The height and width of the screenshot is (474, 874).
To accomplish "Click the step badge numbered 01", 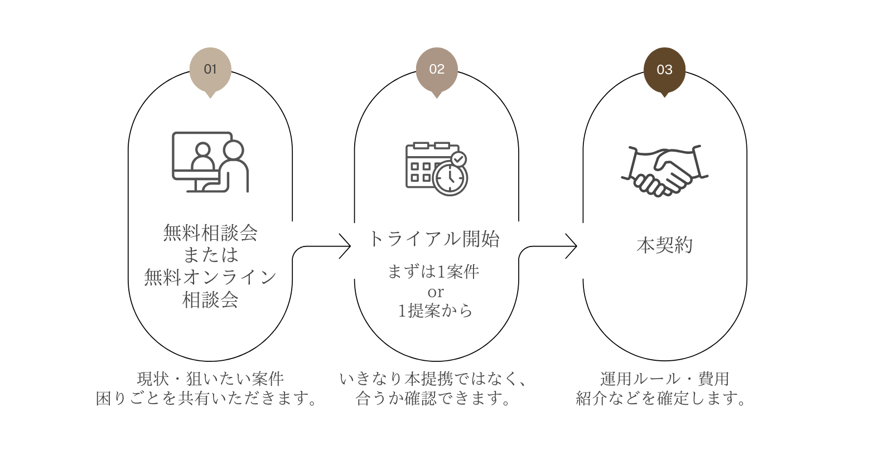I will [210, 69].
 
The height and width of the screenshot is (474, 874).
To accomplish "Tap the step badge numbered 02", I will [437, 69].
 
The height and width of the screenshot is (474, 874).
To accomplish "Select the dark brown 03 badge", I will [664, 70].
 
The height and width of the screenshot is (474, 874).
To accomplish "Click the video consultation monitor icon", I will [210, 162].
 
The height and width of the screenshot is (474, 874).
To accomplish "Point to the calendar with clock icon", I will [436, 168].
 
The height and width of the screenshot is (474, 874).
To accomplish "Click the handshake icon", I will [664, 171].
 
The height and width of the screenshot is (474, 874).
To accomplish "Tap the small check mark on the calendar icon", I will [458, 159].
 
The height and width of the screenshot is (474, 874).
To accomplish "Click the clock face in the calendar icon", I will [450, 178].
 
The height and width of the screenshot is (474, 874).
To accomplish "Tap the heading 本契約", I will [664, 245].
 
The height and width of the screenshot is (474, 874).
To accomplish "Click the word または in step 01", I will [211, 255].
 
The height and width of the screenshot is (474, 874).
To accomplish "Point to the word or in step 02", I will [436, 292].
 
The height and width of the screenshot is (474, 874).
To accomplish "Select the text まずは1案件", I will [434, 272].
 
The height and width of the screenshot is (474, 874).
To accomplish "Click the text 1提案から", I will [435, 311].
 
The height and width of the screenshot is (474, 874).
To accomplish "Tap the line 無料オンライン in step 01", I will [211, 277].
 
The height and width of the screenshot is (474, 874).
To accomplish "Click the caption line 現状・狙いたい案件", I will [211, 379].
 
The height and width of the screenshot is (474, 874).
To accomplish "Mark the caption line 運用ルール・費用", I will [665, 379].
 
